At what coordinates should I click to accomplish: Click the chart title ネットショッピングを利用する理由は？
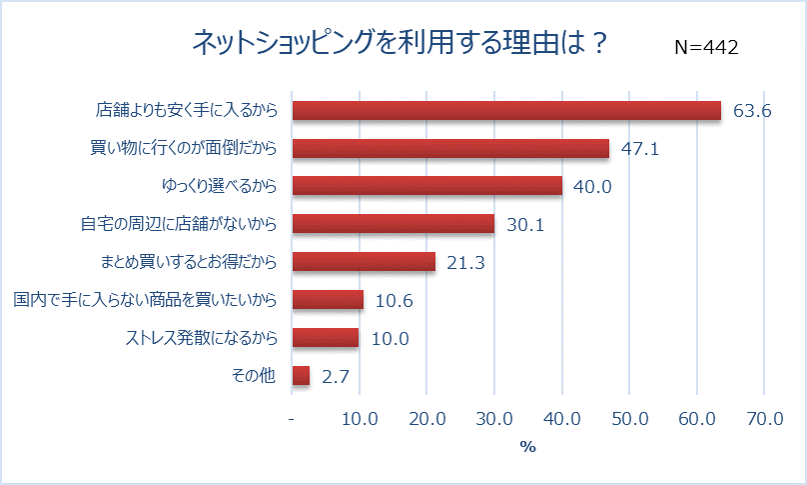pyautogui.click(x=400, y=44)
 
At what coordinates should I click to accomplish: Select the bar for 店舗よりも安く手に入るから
pyautogui.click(x=506, y=110)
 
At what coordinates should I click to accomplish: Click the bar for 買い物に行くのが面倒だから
pyautogui.click(x=450, y=148)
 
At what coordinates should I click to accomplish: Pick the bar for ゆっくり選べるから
pyautogui.click(x=426, y=186)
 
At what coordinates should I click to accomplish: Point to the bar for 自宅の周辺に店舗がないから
pyautogui.click(x=393, y=224)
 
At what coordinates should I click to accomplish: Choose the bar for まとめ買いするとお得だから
pyautogui.click(x=364, y=262)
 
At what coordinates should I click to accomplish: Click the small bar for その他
pyautogui.click(x=301, y=376)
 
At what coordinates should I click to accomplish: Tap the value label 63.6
pyautogui.click(x=752, y=111)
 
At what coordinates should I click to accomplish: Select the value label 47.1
pyautogui.click(x=640, y=149)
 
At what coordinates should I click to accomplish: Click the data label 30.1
pyautogui.click(x=524, y=225)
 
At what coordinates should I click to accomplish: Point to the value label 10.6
pyautogui.click(x=394, y=301)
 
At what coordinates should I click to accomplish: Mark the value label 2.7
pyautogui.click(x=335, y=377)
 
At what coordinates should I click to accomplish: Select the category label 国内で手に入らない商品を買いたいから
pyautogui.click(x=145, y=300)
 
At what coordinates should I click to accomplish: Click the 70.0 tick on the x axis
pyautogui.click(x=764, y=418)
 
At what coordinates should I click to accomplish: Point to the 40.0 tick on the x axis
pyautogui.click(x=561, y=418)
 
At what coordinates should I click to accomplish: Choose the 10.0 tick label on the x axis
pyautogui.click(x=360, y=418)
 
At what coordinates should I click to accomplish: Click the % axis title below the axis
pyautogui.click(x=527, y=447)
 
